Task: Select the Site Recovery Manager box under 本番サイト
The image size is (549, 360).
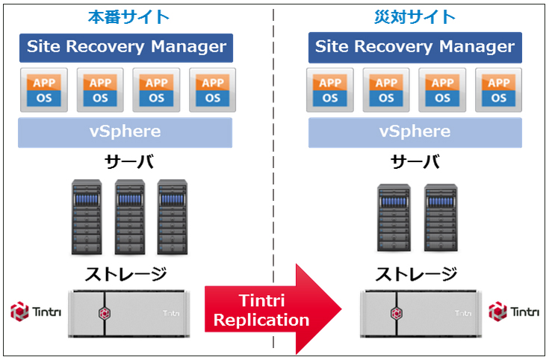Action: pos(126,47)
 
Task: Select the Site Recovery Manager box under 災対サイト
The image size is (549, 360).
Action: pos(415,47)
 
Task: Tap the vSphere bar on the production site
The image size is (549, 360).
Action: pos(125,132)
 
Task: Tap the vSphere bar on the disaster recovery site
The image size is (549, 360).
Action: pos(415,132)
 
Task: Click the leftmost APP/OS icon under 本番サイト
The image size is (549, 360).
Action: pos(44,90)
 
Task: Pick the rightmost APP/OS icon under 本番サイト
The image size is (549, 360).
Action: pos(213,90)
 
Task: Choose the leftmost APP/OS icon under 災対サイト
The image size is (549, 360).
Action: pos(329,90)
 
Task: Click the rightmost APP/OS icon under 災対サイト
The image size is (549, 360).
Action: pos(498,90)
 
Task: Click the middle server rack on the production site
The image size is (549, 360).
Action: pos(129,217)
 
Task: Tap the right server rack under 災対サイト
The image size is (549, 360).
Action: pos(441,218)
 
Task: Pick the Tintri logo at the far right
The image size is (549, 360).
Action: pos(513,311)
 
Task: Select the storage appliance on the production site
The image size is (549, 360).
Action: pos(128,311)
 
